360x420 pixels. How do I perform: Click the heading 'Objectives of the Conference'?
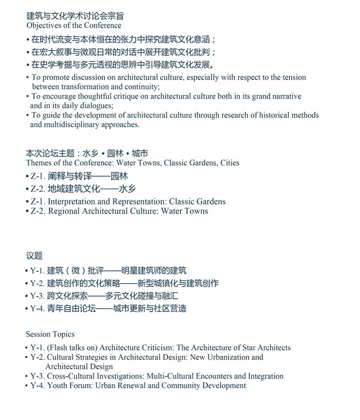click(x=73, y=25)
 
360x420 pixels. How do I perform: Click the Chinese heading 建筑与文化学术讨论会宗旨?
click(x=75, y=16)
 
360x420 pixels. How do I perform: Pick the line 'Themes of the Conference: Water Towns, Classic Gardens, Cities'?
click(x=132, y=163)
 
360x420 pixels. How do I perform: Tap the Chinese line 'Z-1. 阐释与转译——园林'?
click(x=77, y=176)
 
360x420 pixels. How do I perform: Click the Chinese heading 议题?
click(x=34, y=256)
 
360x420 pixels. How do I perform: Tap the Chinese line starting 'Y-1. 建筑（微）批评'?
click(x=108, y=271)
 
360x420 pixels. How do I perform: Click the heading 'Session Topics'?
click(x=50, y=334)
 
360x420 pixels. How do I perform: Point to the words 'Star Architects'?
click(x=263, y=348)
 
